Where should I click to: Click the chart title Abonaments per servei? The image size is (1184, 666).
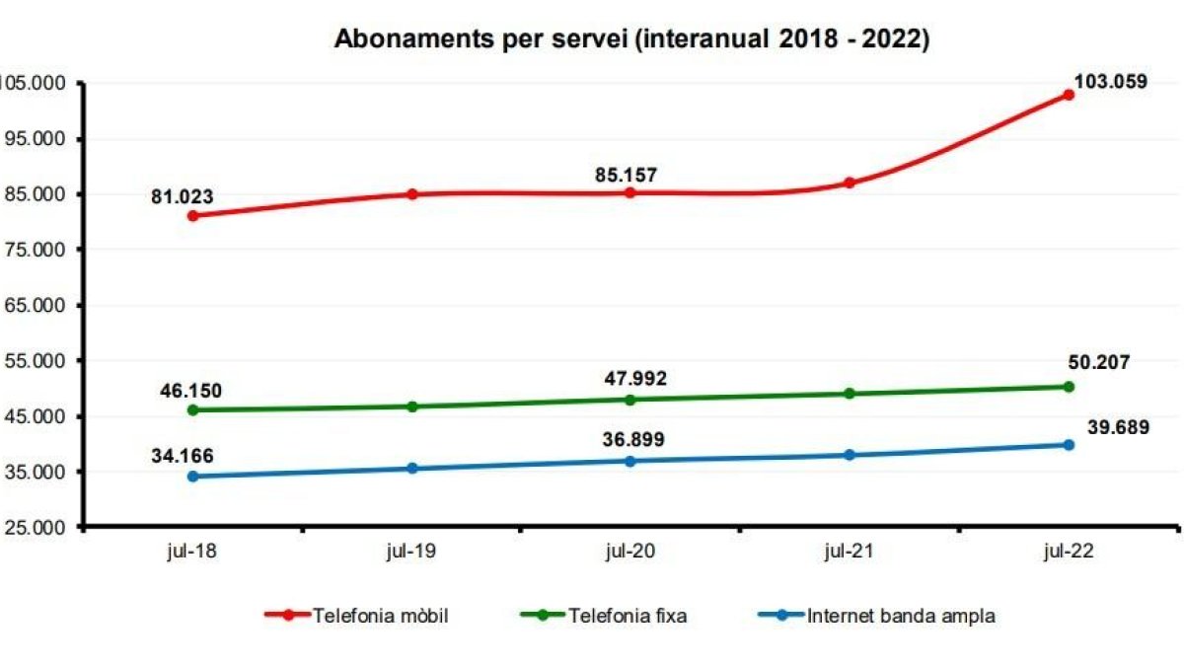(x=631, y=38)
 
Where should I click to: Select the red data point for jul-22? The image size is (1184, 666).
(x=1069, y=95)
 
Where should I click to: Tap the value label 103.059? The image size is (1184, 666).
(x=1110, y=82)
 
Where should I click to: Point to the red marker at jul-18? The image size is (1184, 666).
(x=192, y=215)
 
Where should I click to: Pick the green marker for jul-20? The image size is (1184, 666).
(x=630, y=400)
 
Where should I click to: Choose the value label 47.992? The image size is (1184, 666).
(x=630, y=379)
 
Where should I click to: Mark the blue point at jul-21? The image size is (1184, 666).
(x=850, y=455)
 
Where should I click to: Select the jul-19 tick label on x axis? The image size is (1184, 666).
(x=411, y=554)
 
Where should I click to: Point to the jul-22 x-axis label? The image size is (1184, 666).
(x=1069, y=554)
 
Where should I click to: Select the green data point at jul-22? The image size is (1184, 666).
(x=1069, y=387)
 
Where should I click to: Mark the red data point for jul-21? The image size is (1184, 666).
(x=850, y=183)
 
